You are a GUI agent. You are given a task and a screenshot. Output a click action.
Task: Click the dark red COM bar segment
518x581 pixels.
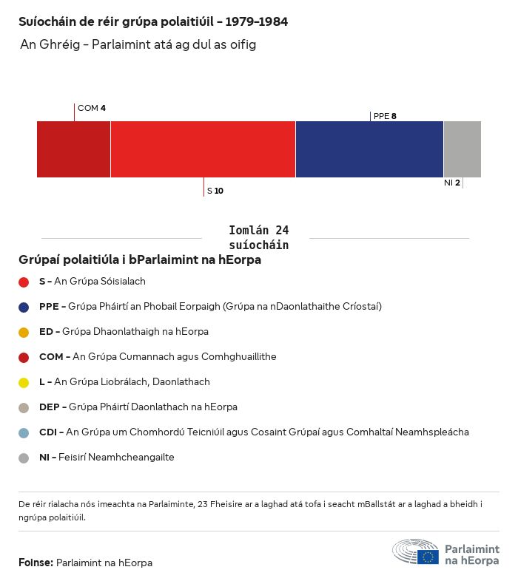click(x=73, y=149)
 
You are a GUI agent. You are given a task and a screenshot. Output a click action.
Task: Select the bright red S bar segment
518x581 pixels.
click(x=203, y=149)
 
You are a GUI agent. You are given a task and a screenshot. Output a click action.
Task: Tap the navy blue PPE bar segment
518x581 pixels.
click(x=369, y=149)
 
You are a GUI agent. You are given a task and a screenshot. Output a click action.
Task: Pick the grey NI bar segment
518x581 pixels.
click(x=462, y=149)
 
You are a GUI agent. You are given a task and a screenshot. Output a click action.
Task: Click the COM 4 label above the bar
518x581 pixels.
click(x=92, y=109)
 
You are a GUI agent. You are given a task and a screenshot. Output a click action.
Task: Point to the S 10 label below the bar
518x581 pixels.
click(x=215, y=191)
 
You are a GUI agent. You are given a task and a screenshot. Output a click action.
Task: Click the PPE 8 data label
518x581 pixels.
click(x=385, y=116)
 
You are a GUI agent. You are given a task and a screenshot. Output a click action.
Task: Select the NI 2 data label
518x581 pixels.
click(x=452, y=183)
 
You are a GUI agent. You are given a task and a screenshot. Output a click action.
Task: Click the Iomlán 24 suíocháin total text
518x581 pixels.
click(x=259, y=237)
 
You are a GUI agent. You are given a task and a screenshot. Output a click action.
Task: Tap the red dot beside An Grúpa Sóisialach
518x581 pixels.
click(x=24, y=282)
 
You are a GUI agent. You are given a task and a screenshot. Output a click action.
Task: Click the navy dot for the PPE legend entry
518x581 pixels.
click(x=24, y=307)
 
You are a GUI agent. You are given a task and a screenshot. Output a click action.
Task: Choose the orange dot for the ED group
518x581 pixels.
click(x=24, y=332)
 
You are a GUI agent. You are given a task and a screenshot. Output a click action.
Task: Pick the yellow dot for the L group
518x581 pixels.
click(x=24, y=382)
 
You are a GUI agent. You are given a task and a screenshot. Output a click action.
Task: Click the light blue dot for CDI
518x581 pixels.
click(x=24, y=432)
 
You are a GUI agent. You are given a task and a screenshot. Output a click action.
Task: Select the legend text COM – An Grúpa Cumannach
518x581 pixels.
click(x=158, y=357)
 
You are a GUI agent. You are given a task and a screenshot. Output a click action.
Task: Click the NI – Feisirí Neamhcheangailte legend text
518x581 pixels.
click(x=107, y=458)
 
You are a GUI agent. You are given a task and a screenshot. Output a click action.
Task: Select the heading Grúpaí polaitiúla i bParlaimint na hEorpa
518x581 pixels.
click(x=140, y=260)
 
